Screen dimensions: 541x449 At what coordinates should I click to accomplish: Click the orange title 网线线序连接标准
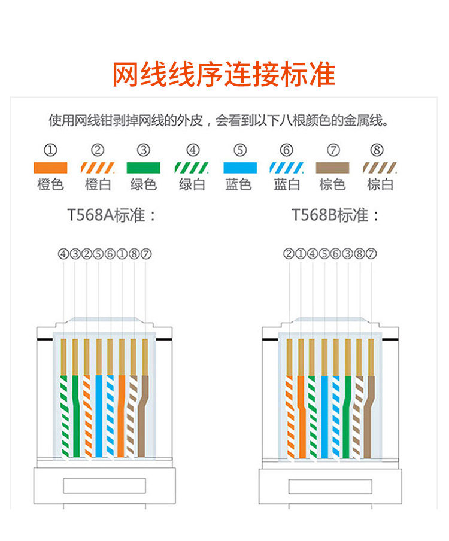tap(224, 74)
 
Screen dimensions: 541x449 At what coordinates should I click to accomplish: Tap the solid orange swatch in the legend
tap(51, 168)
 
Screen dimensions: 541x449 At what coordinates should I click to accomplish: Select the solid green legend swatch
tap(144, 168)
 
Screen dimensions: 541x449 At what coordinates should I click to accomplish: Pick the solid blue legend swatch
tap(239, 168)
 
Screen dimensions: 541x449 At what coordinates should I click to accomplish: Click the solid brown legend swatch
tap(332, 168)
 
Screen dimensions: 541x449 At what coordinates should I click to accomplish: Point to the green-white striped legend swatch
tap(192, 168)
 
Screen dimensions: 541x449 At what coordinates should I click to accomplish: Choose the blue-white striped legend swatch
tap(286, 168)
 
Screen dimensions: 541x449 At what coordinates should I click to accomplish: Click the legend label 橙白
tap(98, 184)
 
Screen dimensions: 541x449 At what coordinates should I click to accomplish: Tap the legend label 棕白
tap(380, 184)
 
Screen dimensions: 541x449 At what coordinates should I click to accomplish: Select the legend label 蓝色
tap(239, 184)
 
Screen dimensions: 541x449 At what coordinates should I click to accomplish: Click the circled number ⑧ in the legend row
tap(377, 150)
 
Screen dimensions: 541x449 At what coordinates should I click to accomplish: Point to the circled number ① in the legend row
tap(51, 150)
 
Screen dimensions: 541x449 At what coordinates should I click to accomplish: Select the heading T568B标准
tap(335, 215)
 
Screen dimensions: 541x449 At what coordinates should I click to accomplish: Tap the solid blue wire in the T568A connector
tap(99, 413)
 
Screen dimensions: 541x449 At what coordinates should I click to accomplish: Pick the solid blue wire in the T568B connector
tap(324, 413)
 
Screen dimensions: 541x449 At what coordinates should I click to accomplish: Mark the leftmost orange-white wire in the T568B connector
tap(290, 413)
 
